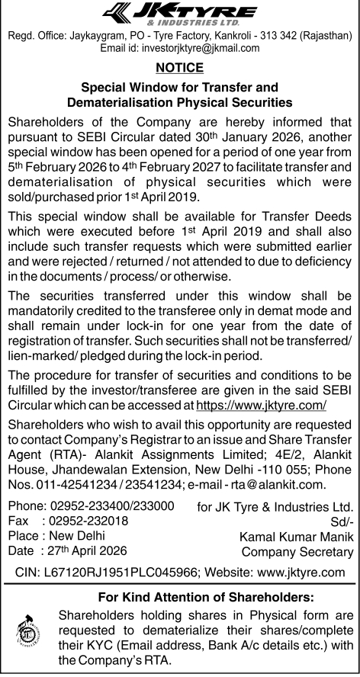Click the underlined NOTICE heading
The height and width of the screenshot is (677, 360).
[179, 67]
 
